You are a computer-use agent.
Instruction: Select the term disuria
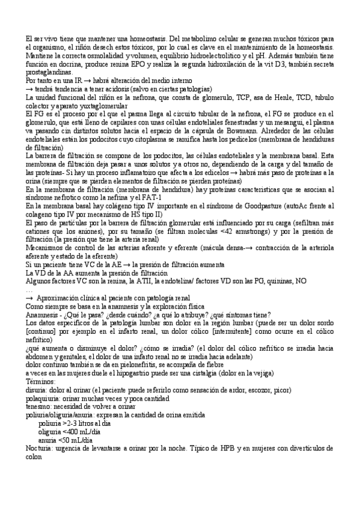click(x=38, y=390)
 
